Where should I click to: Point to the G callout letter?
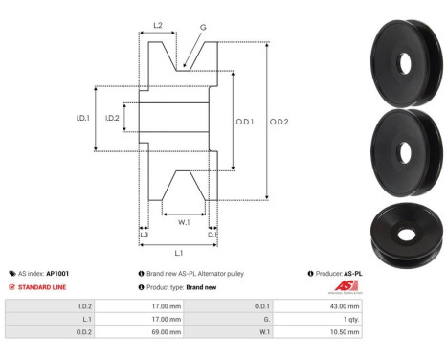[204, 29]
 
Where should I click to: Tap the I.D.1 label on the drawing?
[82, 119]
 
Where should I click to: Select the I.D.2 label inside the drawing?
[112, 119]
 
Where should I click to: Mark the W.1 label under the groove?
[183, 222]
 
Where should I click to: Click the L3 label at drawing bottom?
[144, 235]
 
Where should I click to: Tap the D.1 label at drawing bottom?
[212, 235]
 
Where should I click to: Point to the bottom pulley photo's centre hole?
[406, 234]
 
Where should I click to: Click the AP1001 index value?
[58, 273]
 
